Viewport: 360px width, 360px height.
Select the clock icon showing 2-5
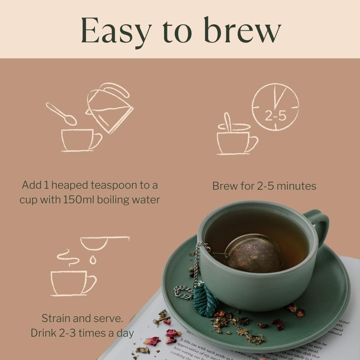point(275,107)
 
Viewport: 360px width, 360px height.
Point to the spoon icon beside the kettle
point(61,114)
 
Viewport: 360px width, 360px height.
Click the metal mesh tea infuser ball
point(253,253)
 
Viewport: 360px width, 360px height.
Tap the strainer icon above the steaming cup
point(103,242)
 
